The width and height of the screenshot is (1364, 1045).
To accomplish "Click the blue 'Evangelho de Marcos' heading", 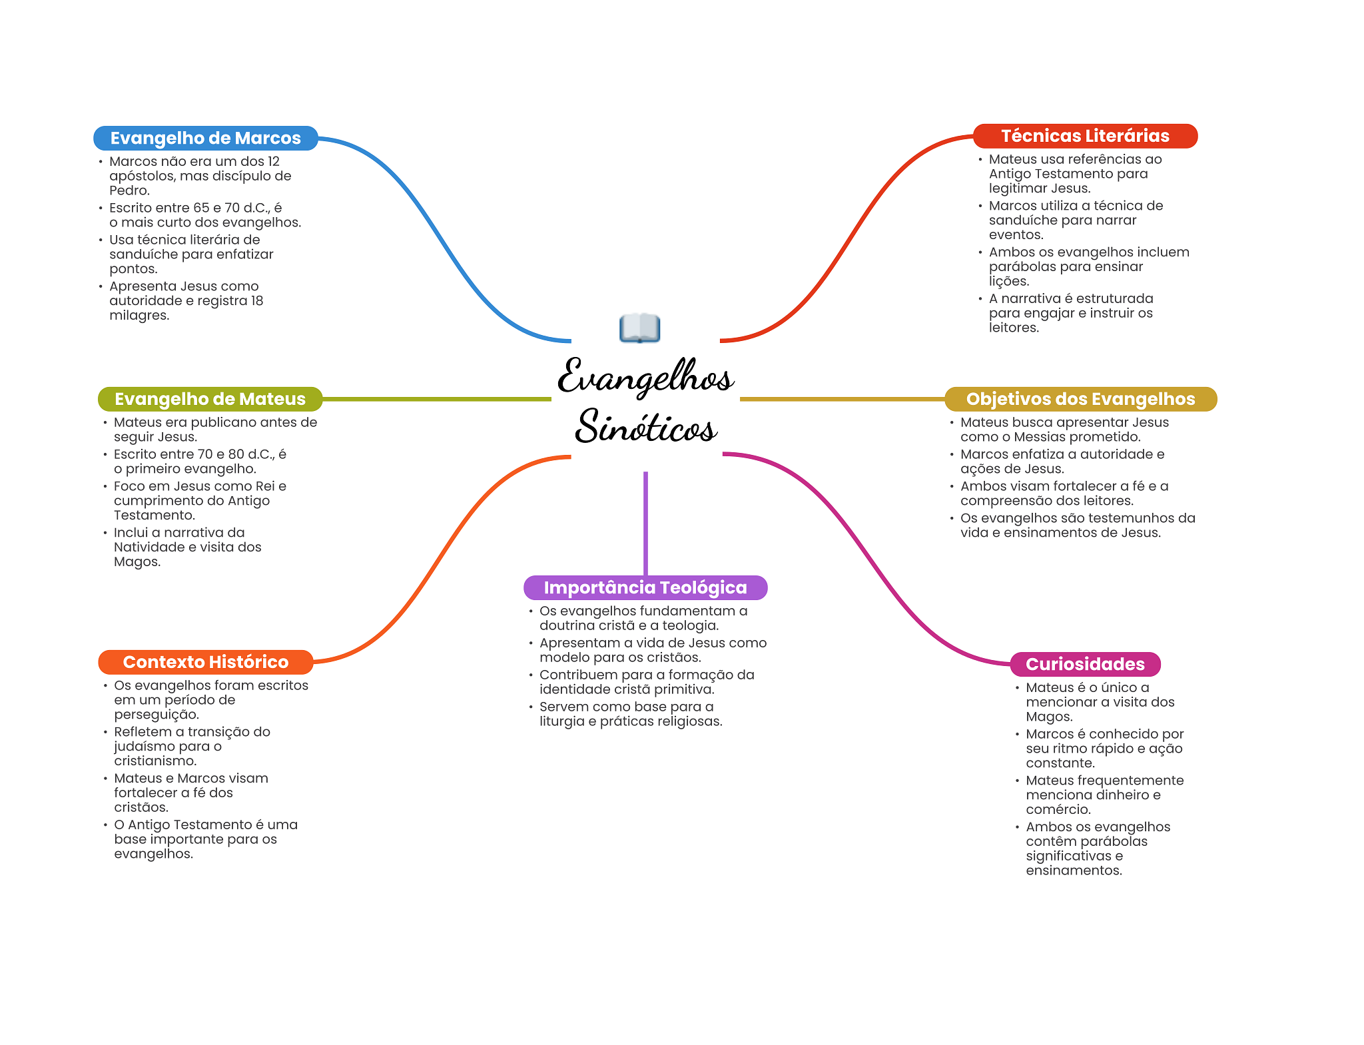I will tap(205, 138).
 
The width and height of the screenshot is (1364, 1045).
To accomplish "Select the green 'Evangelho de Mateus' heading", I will tap(210, 399).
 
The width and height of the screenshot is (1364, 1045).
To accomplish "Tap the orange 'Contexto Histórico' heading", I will tap(205, 662).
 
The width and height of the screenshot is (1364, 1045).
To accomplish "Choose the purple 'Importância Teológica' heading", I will tap(645, 587).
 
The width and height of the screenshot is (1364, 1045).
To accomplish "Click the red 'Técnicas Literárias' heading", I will tap(1085, 136).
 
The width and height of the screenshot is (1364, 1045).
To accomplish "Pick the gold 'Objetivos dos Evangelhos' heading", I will tap(1080, 399).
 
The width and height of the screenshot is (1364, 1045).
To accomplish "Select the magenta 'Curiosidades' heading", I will tap(1085, 664).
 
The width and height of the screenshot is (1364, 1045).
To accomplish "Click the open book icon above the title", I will tap(639, 328).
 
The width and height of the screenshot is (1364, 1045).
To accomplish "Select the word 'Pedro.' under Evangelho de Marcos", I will tap(129, 190).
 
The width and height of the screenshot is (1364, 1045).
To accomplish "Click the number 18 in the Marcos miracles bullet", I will tap(256, 301).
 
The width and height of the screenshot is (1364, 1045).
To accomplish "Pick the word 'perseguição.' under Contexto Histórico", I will tap(157, 715).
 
